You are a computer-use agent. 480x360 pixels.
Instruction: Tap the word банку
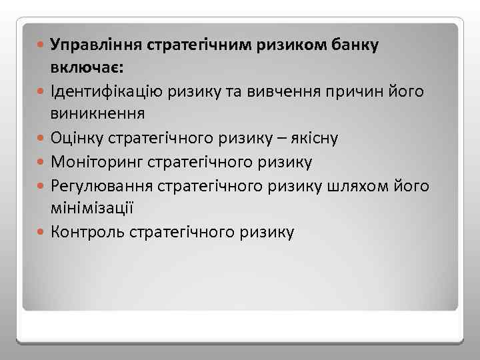pos(354,45)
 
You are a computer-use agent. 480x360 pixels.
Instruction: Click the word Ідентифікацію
pos(100,92)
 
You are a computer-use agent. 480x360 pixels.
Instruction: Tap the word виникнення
pos(91,115)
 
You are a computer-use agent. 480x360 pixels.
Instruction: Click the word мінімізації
pos(91,208)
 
